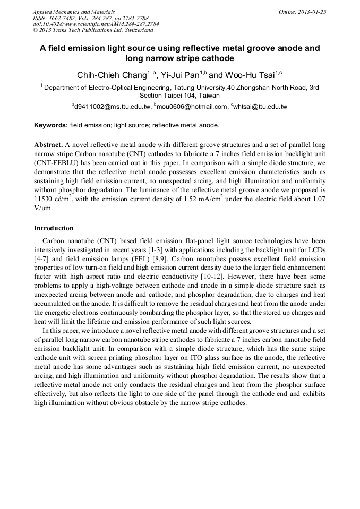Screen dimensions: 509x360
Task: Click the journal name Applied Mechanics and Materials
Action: click(x=73, y=12)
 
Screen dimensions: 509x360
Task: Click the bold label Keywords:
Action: click(x=51, y=125)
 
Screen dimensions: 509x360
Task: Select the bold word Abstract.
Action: click(x=48, y=145)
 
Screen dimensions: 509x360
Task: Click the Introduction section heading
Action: click(x=54, y=228)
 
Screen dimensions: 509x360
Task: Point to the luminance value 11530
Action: click(x=46, y=199)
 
